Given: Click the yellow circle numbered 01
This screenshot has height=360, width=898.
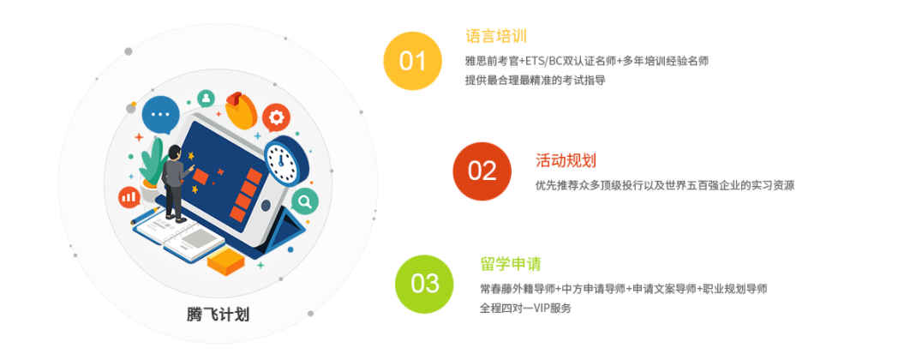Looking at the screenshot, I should (x=412, y=61).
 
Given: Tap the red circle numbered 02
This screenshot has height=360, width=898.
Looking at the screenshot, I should (x=482, y=171).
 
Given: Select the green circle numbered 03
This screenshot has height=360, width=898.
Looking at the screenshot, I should (x=424, y=284).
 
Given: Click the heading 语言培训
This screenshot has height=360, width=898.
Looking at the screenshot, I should (x=495, y=36).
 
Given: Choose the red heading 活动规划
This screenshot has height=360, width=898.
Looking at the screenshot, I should (x=566, y=160).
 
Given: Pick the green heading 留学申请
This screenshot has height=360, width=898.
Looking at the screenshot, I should (x=511, y=264).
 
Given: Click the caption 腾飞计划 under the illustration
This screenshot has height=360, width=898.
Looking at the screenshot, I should (x=218, y=314).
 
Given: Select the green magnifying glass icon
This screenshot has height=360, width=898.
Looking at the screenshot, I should (x=302, y=202).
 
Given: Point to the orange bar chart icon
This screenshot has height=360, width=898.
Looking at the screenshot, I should (x=129, y=197).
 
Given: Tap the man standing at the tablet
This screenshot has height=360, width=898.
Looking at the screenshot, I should (x=175, y=181).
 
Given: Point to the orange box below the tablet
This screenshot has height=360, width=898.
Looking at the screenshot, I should (x=225, y=261).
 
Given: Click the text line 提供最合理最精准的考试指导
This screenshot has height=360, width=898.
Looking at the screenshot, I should (x=535, y=80).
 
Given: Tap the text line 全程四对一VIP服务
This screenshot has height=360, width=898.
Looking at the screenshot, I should (x=525, y=308).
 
